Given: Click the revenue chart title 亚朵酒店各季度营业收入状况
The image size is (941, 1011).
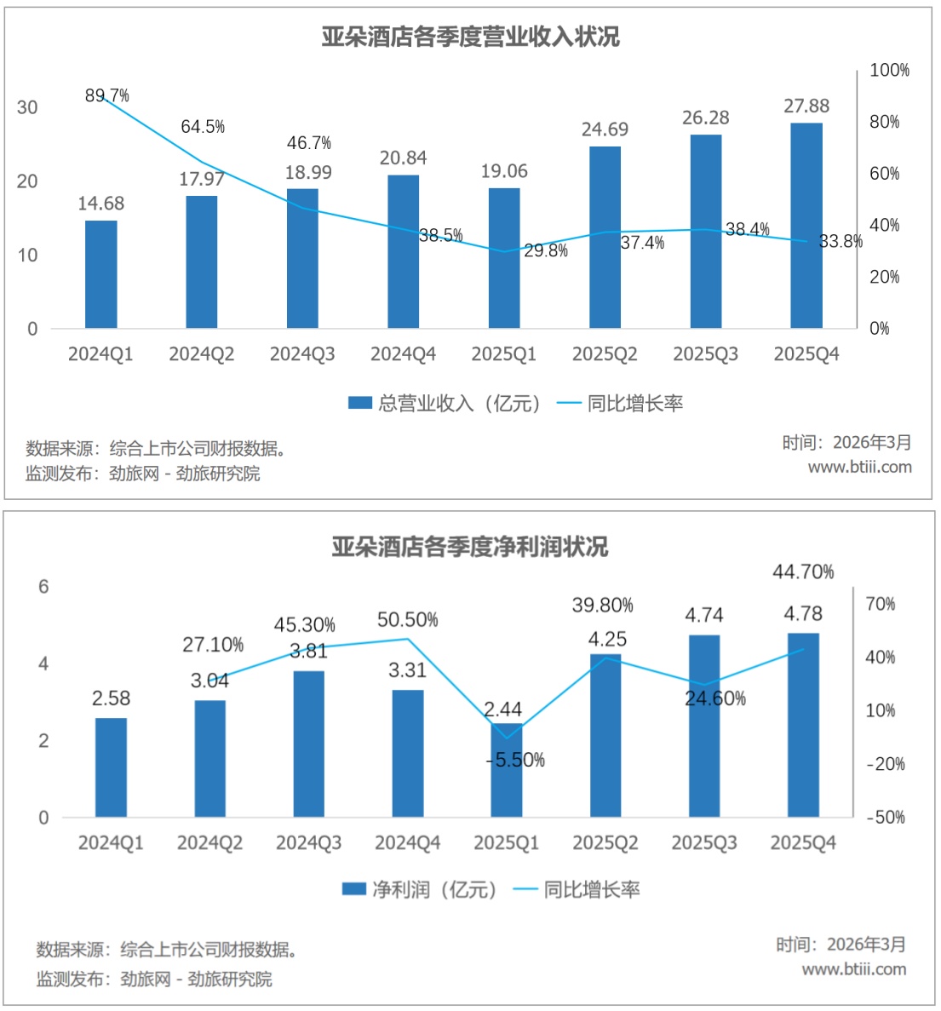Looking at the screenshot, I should [x=470, y=37].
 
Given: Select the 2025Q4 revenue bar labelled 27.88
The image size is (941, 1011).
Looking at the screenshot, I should [x=806, y=226].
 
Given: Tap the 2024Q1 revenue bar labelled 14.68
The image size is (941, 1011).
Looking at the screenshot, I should [x=100, y=274].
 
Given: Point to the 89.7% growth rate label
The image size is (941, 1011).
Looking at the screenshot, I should [x=106, y=95].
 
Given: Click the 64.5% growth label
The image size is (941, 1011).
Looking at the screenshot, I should [x=203, y=127].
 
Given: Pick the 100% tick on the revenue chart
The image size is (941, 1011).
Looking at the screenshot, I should [x=889, y=70].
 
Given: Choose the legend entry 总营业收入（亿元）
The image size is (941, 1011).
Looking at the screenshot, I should [x=444, y=404].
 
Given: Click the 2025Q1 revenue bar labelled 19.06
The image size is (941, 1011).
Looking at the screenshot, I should [x=504, y=258].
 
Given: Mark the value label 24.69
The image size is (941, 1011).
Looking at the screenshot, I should [x=605, y=129].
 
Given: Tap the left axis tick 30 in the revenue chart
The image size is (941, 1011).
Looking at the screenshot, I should [x=27, y=107].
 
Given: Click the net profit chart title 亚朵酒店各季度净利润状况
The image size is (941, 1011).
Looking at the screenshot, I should [x=470, y=546].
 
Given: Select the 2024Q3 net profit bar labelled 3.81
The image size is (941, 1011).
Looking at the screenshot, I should [x=308, y=744].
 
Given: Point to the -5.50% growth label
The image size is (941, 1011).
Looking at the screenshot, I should [x=515, y=760].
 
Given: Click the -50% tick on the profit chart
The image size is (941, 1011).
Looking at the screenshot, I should [x=885, y=817].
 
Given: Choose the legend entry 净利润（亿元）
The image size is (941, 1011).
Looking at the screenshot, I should [x=418, y=890].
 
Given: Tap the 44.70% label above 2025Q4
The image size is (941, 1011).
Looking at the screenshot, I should [x=803, y=572].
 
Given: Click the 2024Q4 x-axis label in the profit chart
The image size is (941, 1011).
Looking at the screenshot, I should [x=407, y=843].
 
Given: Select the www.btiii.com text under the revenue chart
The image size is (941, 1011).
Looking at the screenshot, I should [x=859, y=467].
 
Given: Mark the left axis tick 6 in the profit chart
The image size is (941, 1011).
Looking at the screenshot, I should [x=43, y=587].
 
